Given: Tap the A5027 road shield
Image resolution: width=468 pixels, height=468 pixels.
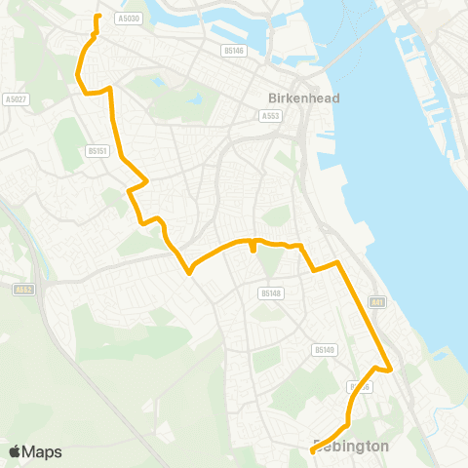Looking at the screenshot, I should click(x=15, y=98).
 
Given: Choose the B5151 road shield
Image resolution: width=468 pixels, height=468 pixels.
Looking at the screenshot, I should click(x=96, y=151).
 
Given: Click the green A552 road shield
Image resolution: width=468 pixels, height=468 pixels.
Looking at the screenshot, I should click(x=23, y=289).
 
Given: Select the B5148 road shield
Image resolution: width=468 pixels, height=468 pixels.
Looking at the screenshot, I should click(x=271, y=292).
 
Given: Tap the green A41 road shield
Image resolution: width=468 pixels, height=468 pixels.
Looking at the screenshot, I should click(x=377, y=304).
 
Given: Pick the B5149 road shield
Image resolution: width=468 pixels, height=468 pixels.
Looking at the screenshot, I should click(x=324, y=349).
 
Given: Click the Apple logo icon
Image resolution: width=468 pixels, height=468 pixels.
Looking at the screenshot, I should click(x=16, y=451).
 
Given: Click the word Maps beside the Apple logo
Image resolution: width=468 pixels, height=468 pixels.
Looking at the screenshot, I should click(x=43, y=451).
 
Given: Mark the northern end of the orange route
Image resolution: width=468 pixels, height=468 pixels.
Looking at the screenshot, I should click(x=97, y=17).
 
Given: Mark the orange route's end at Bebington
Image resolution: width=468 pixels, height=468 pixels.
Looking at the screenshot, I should click(x=312, y=451).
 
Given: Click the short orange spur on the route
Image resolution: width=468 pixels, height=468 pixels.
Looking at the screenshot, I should click(x=253, y=247).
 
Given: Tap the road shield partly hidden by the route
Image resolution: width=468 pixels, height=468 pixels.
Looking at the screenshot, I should click(x=360, y=387).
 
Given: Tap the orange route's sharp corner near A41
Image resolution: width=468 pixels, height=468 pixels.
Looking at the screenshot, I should click(x=390, y=370).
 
